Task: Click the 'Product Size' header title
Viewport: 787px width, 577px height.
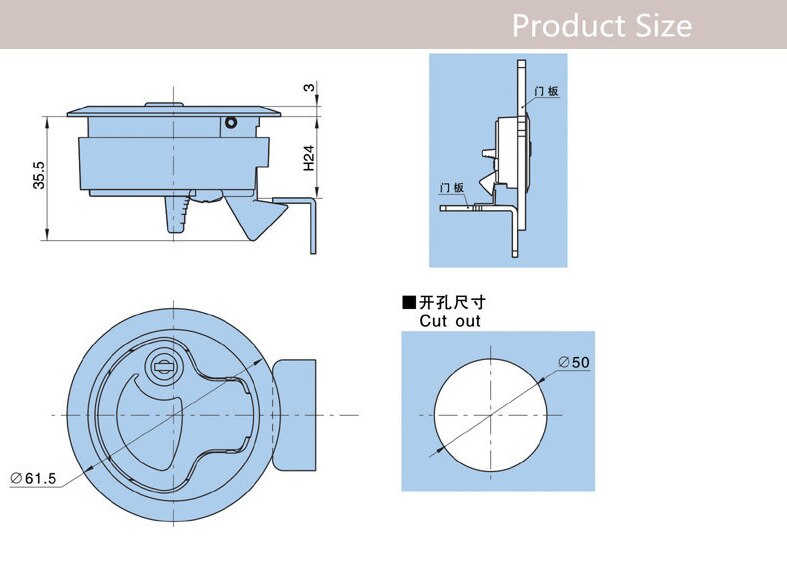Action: point(601,25)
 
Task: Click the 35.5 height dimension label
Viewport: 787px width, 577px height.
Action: point(39,172)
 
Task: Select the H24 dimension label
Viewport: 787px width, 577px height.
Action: point(309,157)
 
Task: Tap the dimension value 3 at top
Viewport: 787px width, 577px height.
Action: point(309,89)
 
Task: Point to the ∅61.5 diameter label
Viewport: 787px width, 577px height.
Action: point(33,479)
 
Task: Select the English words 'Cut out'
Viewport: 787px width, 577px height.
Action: point(450,321)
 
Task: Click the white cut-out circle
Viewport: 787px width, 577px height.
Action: point(491,412)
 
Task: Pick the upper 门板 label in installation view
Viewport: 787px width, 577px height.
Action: point(546,92)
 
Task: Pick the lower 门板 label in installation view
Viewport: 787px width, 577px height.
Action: point(451,188)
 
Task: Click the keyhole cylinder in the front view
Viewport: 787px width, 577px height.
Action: point(160,366)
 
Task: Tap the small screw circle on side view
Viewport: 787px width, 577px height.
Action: point(231,123)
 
